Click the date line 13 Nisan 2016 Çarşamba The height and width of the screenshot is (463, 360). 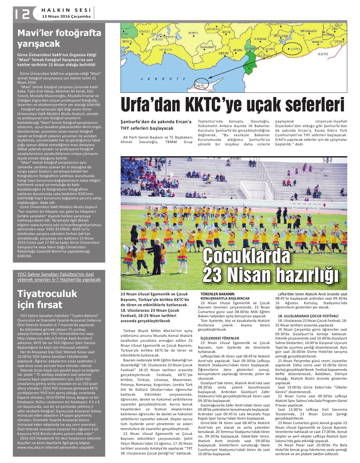coord(66,16)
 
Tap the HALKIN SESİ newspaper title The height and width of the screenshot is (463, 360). coord(66,10)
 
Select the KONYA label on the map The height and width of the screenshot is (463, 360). coord(193,33)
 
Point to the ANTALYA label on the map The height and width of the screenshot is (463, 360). coord(165,50)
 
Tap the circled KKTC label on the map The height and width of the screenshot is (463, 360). coord(201,86)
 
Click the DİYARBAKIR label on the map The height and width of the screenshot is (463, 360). coord(308,31)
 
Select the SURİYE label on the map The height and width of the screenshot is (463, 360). coord(323,54)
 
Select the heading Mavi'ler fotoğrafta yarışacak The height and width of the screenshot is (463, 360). coord(59,38)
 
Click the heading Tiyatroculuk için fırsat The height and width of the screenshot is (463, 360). coord(47,299)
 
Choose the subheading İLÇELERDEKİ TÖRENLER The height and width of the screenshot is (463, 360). coord(220,338)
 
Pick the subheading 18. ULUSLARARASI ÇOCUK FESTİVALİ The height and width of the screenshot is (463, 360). coord(308,316)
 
